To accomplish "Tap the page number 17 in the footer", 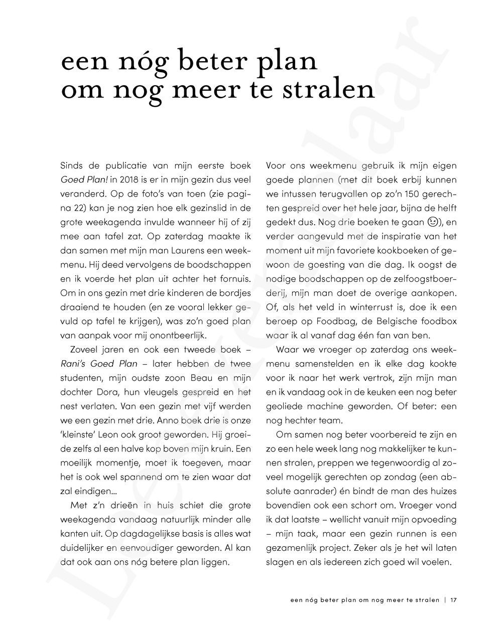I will tap(453, 599).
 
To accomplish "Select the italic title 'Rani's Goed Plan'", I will tap(98, 364).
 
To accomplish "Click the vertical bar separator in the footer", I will tap(445, 599).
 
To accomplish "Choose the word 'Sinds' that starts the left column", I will tap(71, 165).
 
